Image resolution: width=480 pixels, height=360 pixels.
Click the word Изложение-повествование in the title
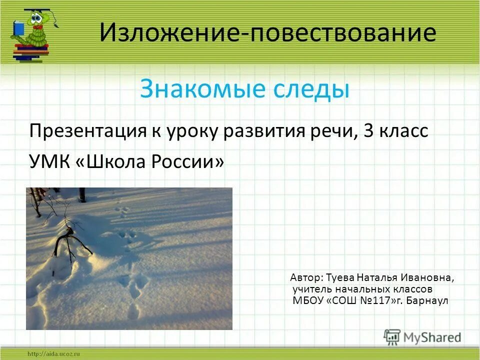(267, 33)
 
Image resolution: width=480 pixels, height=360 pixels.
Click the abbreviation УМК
(48, 161)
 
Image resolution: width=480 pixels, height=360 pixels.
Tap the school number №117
(374, 301)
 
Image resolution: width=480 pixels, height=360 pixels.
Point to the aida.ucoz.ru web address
(54, 354)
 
